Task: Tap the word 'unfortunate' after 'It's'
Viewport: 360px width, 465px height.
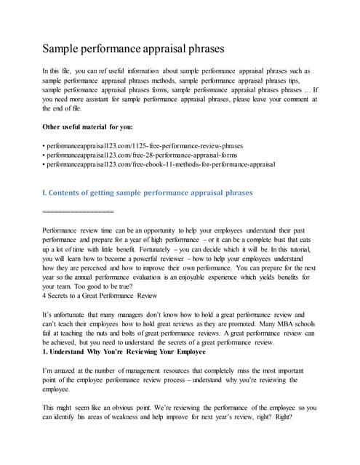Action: (71, 314)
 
